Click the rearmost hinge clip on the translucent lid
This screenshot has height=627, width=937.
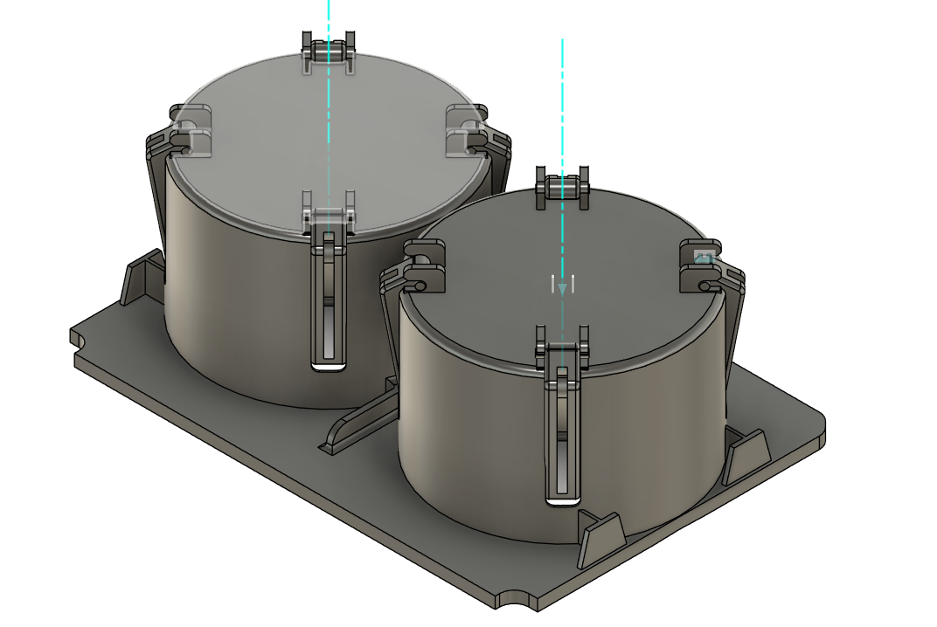pyautogui.click(x=329, y=52)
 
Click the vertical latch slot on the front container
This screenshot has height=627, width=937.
pyautogui.click(x=561, y=437)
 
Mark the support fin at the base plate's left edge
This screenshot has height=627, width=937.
pyautogui.click(x=141, y=277)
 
